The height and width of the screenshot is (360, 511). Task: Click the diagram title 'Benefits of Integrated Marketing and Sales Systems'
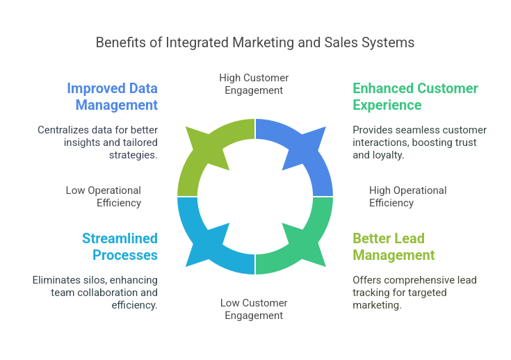[x=255, y=42]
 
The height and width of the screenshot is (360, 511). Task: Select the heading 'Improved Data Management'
[x=113, y=97]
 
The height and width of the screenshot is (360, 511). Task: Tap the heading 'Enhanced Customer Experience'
[x=415, y=97]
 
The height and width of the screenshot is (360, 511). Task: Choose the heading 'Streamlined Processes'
[x=120, y=247]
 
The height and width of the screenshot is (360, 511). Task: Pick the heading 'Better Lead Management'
[x=394, y=247]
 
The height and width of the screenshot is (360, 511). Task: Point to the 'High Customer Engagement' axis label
[x=254, y=84]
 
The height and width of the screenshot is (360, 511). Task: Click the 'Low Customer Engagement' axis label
[x=254, y=309]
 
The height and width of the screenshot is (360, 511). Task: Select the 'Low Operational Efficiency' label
[x=104, y=197]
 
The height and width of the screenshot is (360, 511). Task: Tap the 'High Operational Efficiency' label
[x=407, y=197]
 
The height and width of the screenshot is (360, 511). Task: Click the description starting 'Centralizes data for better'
[x=98, y=142]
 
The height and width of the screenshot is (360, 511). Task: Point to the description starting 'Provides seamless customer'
[x=419, y=142]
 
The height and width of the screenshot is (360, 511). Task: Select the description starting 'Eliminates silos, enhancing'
[x=95, y=293]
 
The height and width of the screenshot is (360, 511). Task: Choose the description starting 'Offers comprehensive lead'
[x=414, y=293]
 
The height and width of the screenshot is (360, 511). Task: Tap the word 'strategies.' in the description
[x=133, y=155]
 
